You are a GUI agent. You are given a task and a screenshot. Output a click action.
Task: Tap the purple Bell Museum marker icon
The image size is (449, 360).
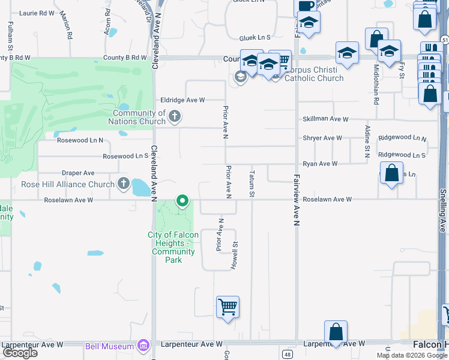pyautogui.click(x=143, y=346)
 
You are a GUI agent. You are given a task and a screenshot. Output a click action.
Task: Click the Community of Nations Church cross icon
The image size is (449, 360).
pyautogui.click(x=175, y=116)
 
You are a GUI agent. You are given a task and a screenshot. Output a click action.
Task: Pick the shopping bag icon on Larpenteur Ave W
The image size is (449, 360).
pyautogui.click(x=336, y=332)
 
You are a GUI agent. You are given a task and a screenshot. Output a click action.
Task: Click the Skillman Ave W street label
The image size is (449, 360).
pyautogui.click(x=325, y=119)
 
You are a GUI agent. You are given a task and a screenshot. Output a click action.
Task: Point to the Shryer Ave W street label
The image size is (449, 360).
pyautogui.click(x=322, y=138)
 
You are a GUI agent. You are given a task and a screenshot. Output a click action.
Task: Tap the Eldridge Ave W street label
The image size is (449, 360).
pyautogui.click(x=182, y=100)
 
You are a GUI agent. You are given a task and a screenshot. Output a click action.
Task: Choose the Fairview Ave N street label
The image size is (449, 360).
pyautogui.click(x=297, y=200)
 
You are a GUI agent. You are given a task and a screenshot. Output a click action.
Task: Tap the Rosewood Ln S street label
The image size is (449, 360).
pyautogui.click(x=125, y=156)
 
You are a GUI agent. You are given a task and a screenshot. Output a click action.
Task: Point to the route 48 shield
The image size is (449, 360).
pyautogui.click(x=288, y=355)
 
